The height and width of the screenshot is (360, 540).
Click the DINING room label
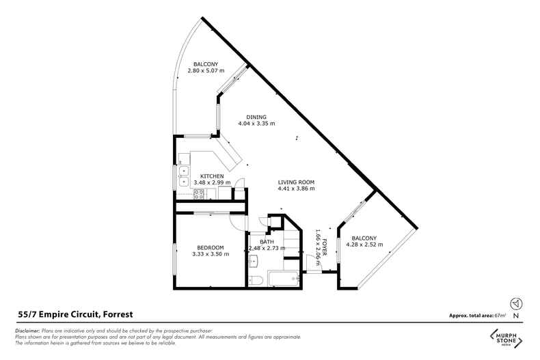tap(256, 117)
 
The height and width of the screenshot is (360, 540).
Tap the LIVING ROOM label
tap(296, 182)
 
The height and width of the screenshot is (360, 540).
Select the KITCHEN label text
tap(212, 176)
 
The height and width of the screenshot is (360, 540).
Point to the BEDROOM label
tap(211, 247)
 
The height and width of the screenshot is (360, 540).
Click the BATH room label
tap(267, 242)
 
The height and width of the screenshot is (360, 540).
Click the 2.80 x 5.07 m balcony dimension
tap(206, 70)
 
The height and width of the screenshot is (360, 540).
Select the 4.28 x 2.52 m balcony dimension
tap(364, 245)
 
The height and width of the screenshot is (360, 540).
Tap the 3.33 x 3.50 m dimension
tap(211, 254)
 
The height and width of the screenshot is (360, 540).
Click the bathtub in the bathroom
tap(284, 279)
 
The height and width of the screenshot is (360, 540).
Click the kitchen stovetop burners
tap(198, 195)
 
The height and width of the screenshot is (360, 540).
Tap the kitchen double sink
tap(184, 176)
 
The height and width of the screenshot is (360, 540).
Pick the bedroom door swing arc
tap(238, 222)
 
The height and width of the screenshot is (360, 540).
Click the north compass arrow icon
tap(516, 303)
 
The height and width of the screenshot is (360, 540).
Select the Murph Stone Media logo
tap(506, 338)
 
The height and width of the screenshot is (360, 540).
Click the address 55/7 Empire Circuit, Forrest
tap(75, 314)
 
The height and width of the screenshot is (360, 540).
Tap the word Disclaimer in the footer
tap(27, 331)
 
